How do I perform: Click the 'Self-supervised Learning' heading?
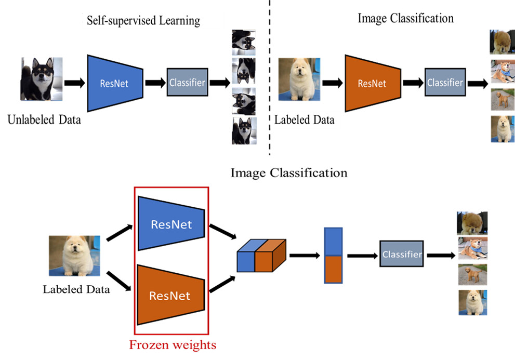point(143,21)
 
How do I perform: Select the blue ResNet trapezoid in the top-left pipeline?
point(115,82)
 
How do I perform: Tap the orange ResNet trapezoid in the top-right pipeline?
point(372,83)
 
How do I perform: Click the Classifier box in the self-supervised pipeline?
point(187,82)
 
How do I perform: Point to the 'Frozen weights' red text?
point(172,344)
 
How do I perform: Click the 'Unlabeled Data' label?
point(44,120)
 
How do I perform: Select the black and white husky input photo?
point(42,79)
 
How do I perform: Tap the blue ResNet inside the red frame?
point(171,224)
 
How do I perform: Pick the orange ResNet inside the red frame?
point(170,296)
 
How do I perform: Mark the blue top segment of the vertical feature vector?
point(333,242)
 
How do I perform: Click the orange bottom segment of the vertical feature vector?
point(333,269)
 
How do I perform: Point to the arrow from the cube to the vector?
point(304,255)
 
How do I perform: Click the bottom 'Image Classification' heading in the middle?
point(289,172)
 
